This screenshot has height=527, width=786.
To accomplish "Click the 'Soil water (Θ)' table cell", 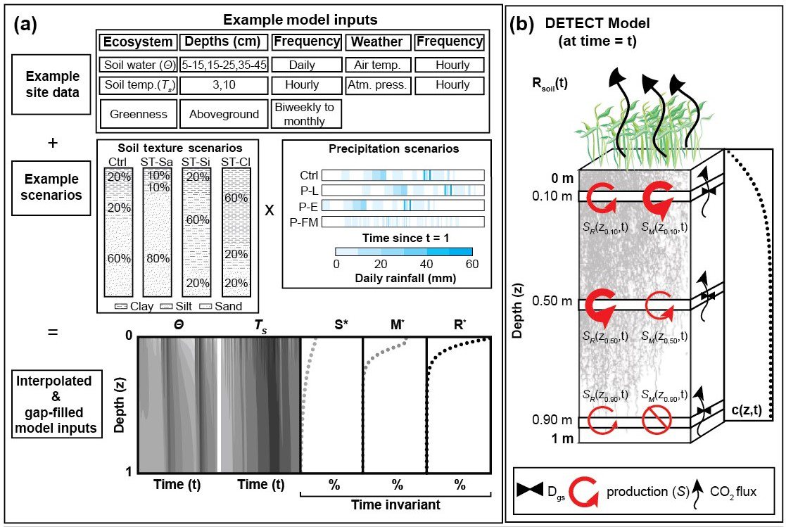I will point(137,65).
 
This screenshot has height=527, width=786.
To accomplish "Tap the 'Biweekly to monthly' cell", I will point(306,113).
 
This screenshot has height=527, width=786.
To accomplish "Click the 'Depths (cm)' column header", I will point(223,42).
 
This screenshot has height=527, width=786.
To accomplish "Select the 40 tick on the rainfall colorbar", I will point(426,264).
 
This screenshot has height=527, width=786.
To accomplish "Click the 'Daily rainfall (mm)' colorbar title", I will point(403,278).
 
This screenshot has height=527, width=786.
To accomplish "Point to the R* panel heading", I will point(459,325).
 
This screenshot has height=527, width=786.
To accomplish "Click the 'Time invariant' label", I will point(397,504).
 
